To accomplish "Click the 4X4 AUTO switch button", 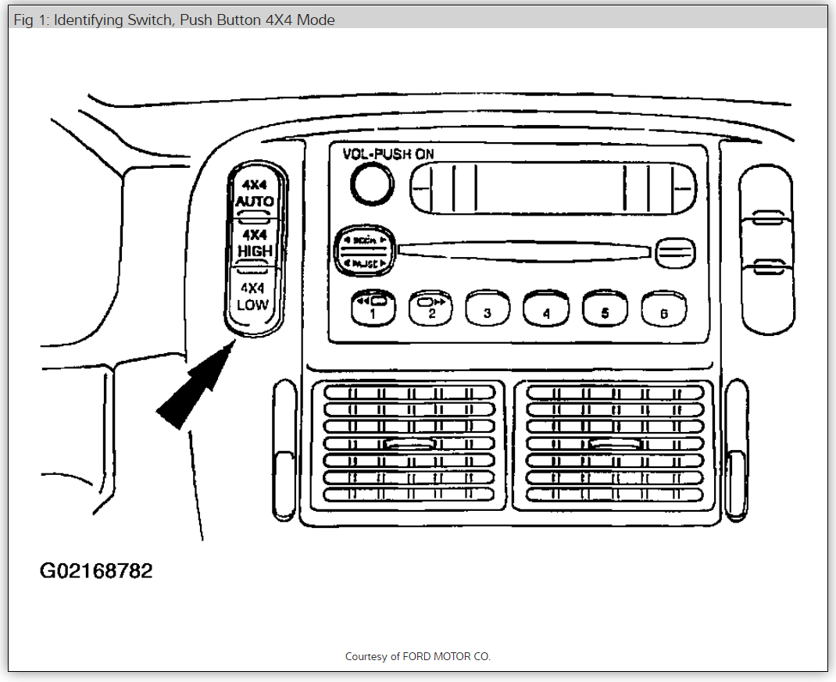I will [x=255, y=195].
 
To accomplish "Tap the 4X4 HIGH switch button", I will [x=255, y=245].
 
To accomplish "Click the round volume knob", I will [x=371, y=185].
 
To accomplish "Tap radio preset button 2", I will [x=431, y=308].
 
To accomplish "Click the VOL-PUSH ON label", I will [x=388, y=153].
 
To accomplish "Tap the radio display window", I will [x=553, y=188].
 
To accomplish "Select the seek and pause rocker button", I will [x=365, y=252].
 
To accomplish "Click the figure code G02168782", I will [x=96, y=571].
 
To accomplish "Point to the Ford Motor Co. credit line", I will [x=418, y=656].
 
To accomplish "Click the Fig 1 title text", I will [x=174, y=20].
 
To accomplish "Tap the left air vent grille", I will [x=410, y=443].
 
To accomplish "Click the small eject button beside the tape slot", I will [x=675, y=251].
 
